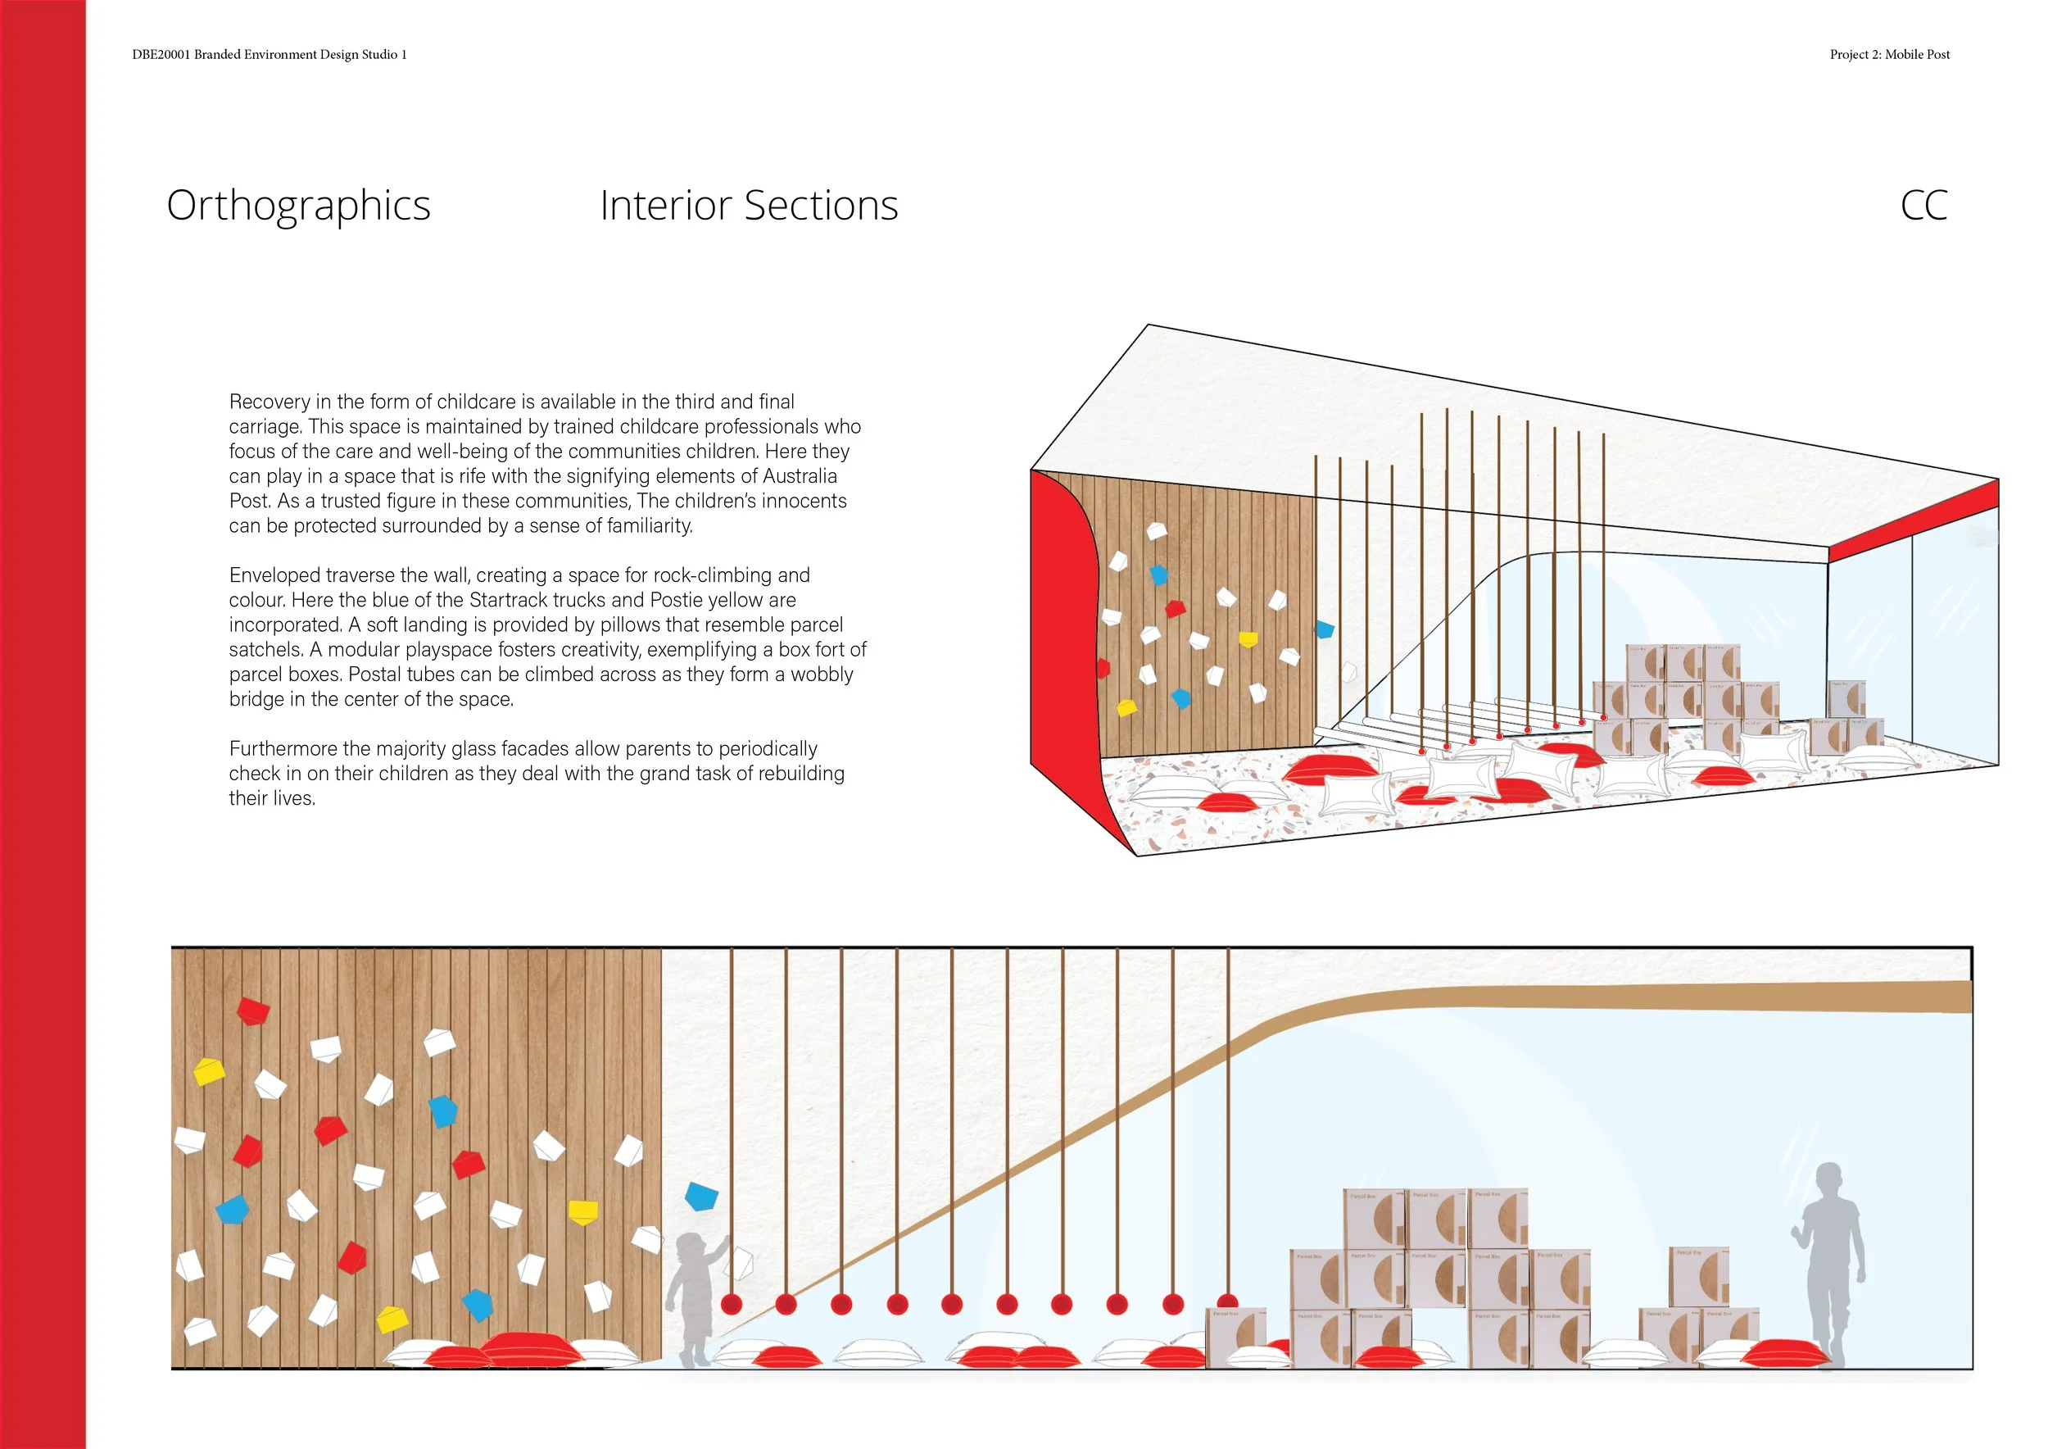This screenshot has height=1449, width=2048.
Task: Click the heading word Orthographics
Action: pyautogui.click(x=298, y=206)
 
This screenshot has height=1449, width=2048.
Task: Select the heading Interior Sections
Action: pyautogui.click(x=749, y=205)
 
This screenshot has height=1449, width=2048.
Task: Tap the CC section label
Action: pyautogui.click(x=1923, y=205)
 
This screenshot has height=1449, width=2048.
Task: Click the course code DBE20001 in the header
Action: pyautogui.click(x=161, y=54)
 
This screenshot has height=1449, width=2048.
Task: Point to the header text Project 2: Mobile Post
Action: pyautogui.click(x=1889, y=54)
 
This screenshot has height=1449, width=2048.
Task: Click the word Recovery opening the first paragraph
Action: pyautogui.click(x=269, y=402)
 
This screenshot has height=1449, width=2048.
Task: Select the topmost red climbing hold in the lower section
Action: pyautogui.click(x=252, y=1011)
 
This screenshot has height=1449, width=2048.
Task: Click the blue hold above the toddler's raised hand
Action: pyautogui.click(x=701, y=1196)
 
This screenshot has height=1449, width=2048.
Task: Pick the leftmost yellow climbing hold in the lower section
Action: pyautogui.click(x=209, y=1071)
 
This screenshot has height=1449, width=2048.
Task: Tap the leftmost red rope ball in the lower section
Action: pyautogui.click(x=732, y=1304)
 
